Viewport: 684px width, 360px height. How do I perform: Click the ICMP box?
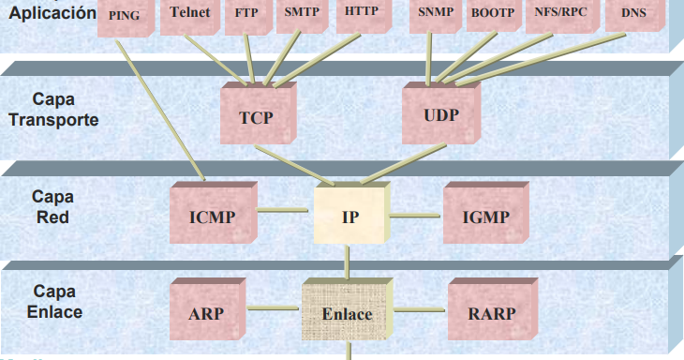click(x=212, y=216)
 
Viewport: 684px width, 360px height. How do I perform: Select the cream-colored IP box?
click(x=349, y=216)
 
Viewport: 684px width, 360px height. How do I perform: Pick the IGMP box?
click(x=484, y=216)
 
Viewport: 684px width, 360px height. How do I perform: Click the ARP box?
click(x=207, y=313)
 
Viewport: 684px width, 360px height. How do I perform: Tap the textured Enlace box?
click(x=347, y=313)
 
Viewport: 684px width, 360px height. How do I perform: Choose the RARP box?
click(x=491, y=313)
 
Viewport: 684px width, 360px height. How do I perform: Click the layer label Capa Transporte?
click(x=52, y=110)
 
